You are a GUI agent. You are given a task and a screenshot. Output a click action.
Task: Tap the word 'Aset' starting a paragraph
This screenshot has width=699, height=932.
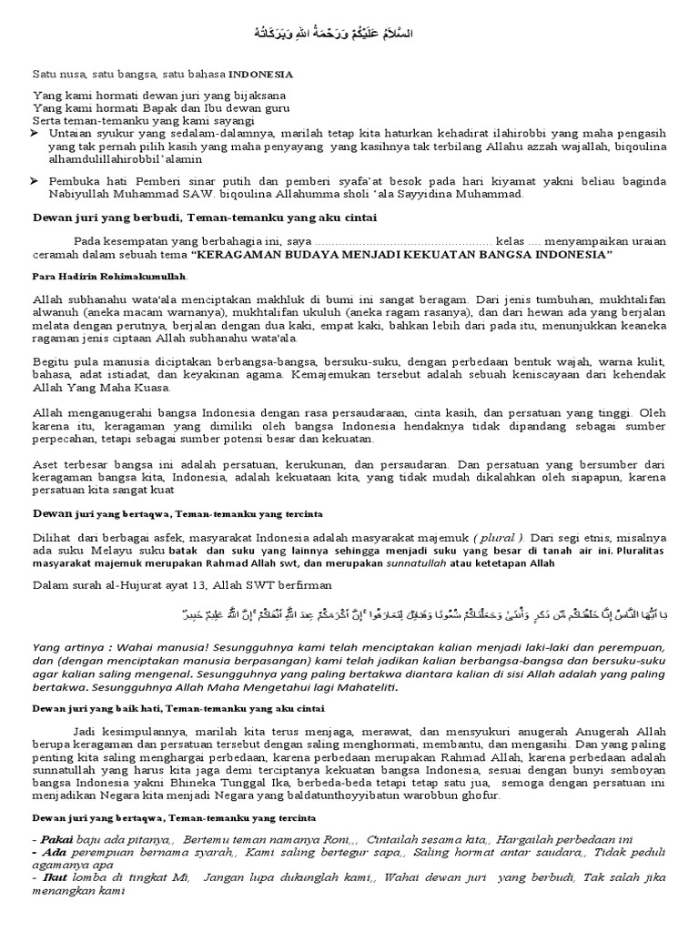click(45, 462)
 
